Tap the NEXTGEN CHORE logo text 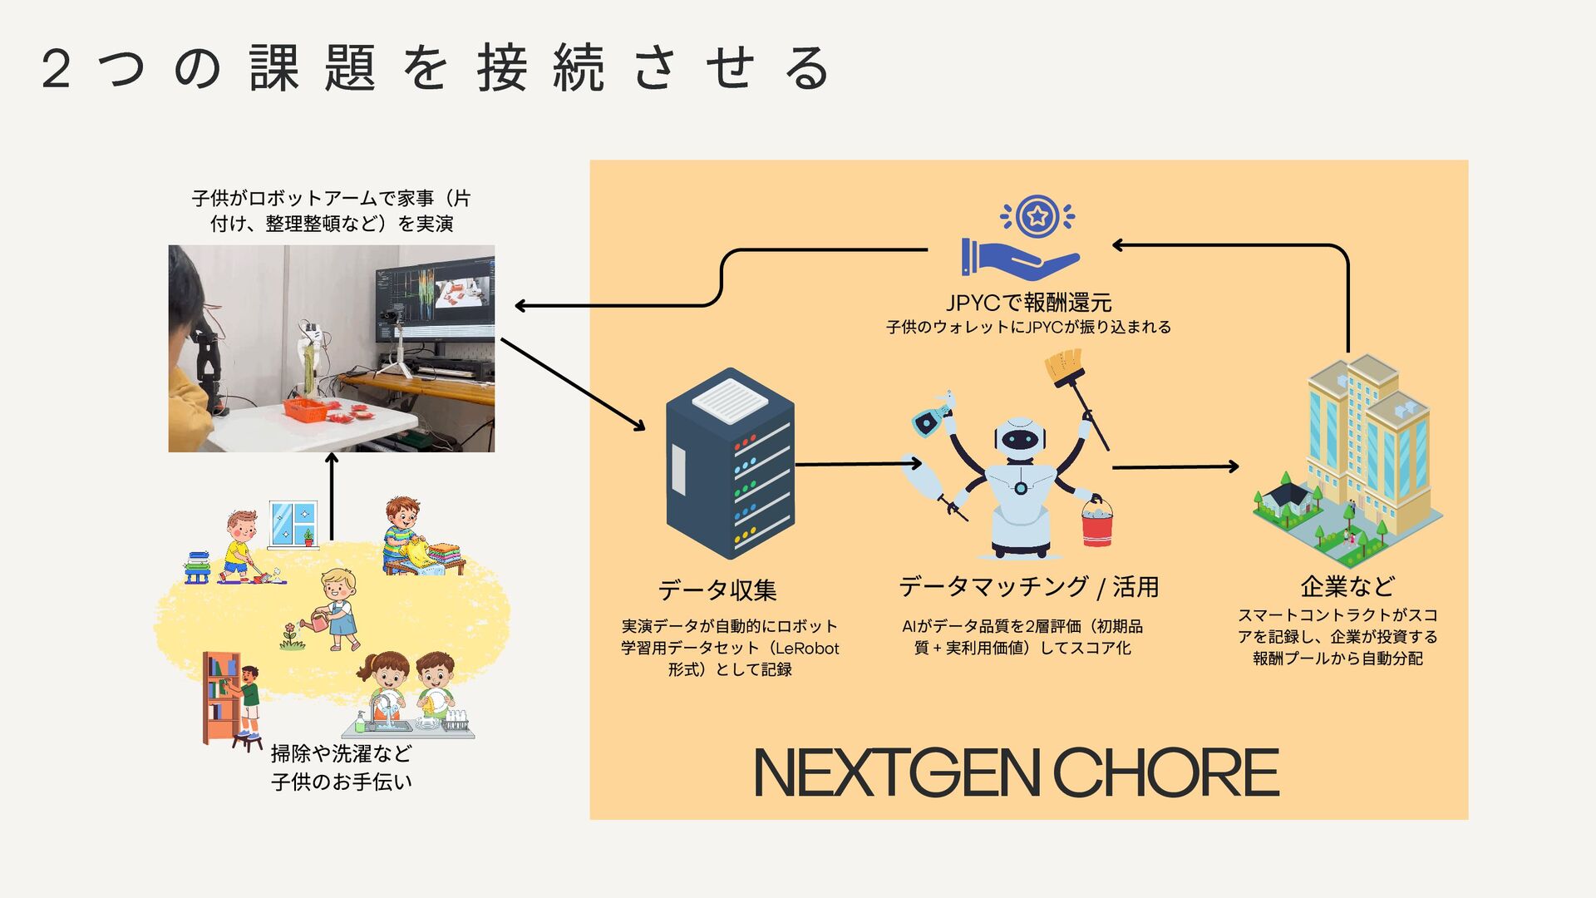(1015, 773)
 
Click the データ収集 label (717, 590)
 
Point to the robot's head (1019, 439)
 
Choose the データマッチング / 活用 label (1028, 587)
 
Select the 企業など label (1347, 586)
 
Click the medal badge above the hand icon (1037, 217)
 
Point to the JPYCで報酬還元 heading (1028, 303)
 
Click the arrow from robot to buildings (1175, 467)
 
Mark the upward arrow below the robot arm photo (332, 496)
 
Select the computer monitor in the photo (434, 299)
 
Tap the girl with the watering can (337, 607)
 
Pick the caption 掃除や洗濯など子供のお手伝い (341, 767)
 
